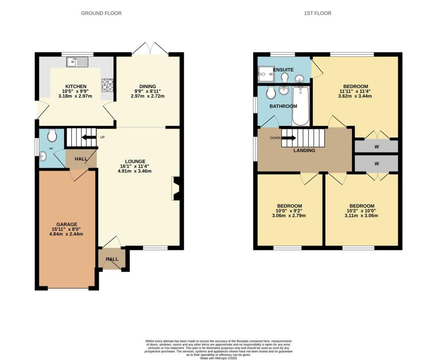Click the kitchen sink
coord(77,62)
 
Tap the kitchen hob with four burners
coord(107,85)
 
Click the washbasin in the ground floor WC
coord(43,156)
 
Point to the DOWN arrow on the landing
coord(288,138)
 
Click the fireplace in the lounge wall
coord(176,188)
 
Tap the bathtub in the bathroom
coord(301,105)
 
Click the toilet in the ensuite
coord(285,77)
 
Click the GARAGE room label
coord(67,224)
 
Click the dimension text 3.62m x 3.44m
coord(355,96)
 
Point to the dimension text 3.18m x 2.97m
coord(76,96)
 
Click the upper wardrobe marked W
coord(376,146)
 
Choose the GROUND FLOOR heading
coord(101,13)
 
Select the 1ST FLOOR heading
coord(318,13)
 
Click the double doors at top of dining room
coord(150,49)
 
